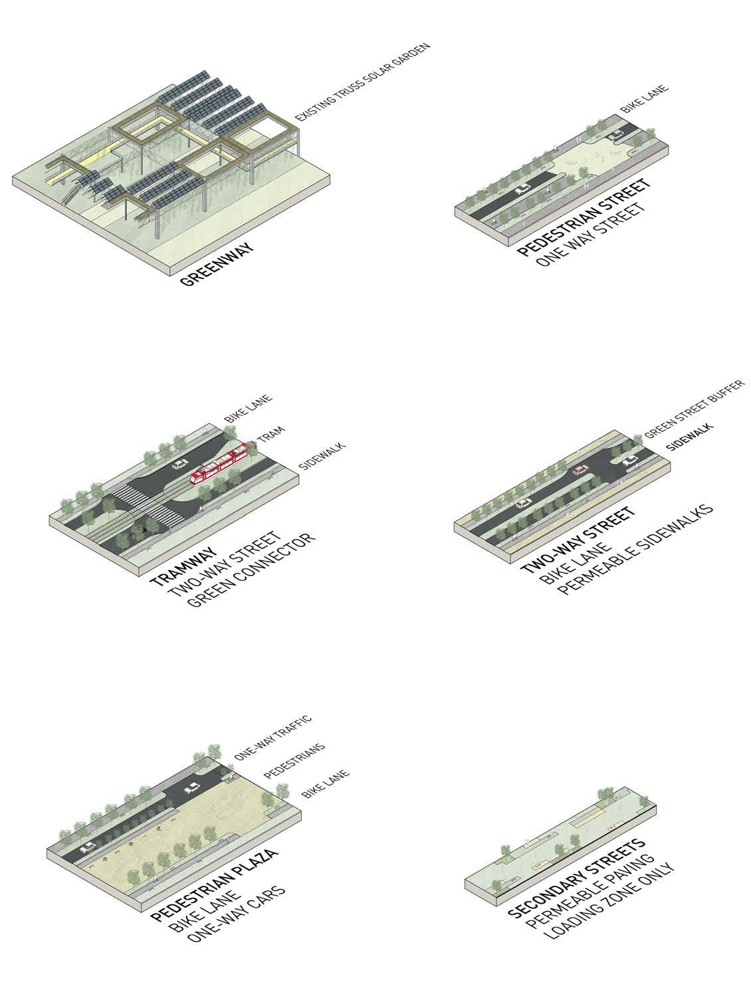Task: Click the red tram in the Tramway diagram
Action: [x=221, y=463]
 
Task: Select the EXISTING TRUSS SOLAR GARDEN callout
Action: [x=362, y=82]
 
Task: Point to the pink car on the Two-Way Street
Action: [x=580, y=470]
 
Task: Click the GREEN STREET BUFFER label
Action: [x=695, y=409]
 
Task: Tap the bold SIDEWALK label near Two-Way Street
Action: [x=689, y=437]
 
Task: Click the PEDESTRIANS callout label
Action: [x=294, y=761]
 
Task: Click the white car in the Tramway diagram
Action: [x=180, y=464]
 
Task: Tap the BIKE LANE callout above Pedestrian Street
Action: [x=644, y=98]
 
